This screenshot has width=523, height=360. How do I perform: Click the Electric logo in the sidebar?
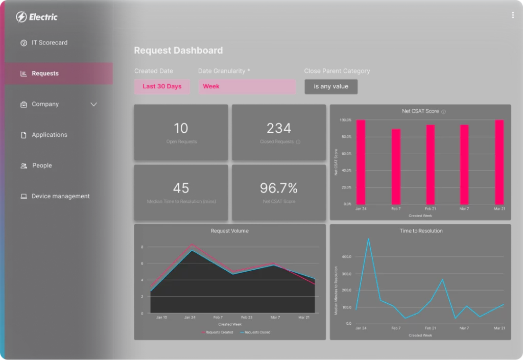(x=37, y=17)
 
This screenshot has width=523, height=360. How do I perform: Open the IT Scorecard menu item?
(x=49, y=43)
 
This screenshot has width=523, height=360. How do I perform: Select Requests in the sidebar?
(x=45, y=74)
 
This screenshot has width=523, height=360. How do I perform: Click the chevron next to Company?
(x=93, y=104)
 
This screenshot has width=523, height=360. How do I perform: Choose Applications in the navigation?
(x=49, y=135)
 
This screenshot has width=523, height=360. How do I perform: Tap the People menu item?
(x=42, y=165)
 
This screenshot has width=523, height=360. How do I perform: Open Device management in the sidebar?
(x=60, y=196)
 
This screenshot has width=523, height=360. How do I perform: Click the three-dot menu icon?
(x=513, y=15)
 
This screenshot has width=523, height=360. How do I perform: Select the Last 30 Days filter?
(x=162, y=86)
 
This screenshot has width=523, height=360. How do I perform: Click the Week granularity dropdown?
(x=247, y=86)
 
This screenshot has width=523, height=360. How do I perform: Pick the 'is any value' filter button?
(x=331, y=86)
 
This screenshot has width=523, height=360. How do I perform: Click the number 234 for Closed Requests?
(x=279, y=128)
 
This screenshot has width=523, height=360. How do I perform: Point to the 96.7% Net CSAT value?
(x=279, y=188)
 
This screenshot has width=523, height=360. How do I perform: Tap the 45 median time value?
(x=181, y=188)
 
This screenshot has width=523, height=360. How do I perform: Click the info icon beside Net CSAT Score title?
(x=443, y=111)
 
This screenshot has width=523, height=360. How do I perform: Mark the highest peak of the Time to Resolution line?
(x=368, y=238)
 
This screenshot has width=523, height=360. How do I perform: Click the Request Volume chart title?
(x=230, y=231)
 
